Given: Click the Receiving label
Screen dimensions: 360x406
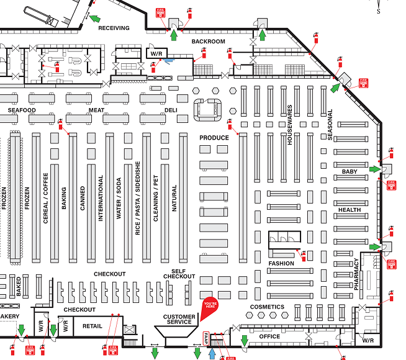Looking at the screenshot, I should [114, 28].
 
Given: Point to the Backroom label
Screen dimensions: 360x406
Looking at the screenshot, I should [208, 42].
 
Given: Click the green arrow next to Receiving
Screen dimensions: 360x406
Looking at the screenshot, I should [94, 19].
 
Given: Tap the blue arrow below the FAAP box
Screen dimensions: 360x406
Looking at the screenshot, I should [212, 353].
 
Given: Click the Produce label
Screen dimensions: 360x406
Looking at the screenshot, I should [214, 137].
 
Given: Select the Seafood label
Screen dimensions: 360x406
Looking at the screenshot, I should [22, 110].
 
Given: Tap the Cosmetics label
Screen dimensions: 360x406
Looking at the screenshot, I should [267, 307].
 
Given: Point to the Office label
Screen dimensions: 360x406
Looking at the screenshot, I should [269, 336].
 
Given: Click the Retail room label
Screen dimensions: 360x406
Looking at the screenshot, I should [92, 326].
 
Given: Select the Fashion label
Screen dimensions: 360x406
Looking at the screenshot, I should [281, 263].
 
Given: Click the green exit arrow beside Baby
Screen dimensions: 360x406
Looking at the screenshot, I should [374, 169].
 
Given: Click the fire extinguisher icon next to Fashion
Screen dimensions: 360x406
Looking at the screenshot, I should [304, 254].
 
